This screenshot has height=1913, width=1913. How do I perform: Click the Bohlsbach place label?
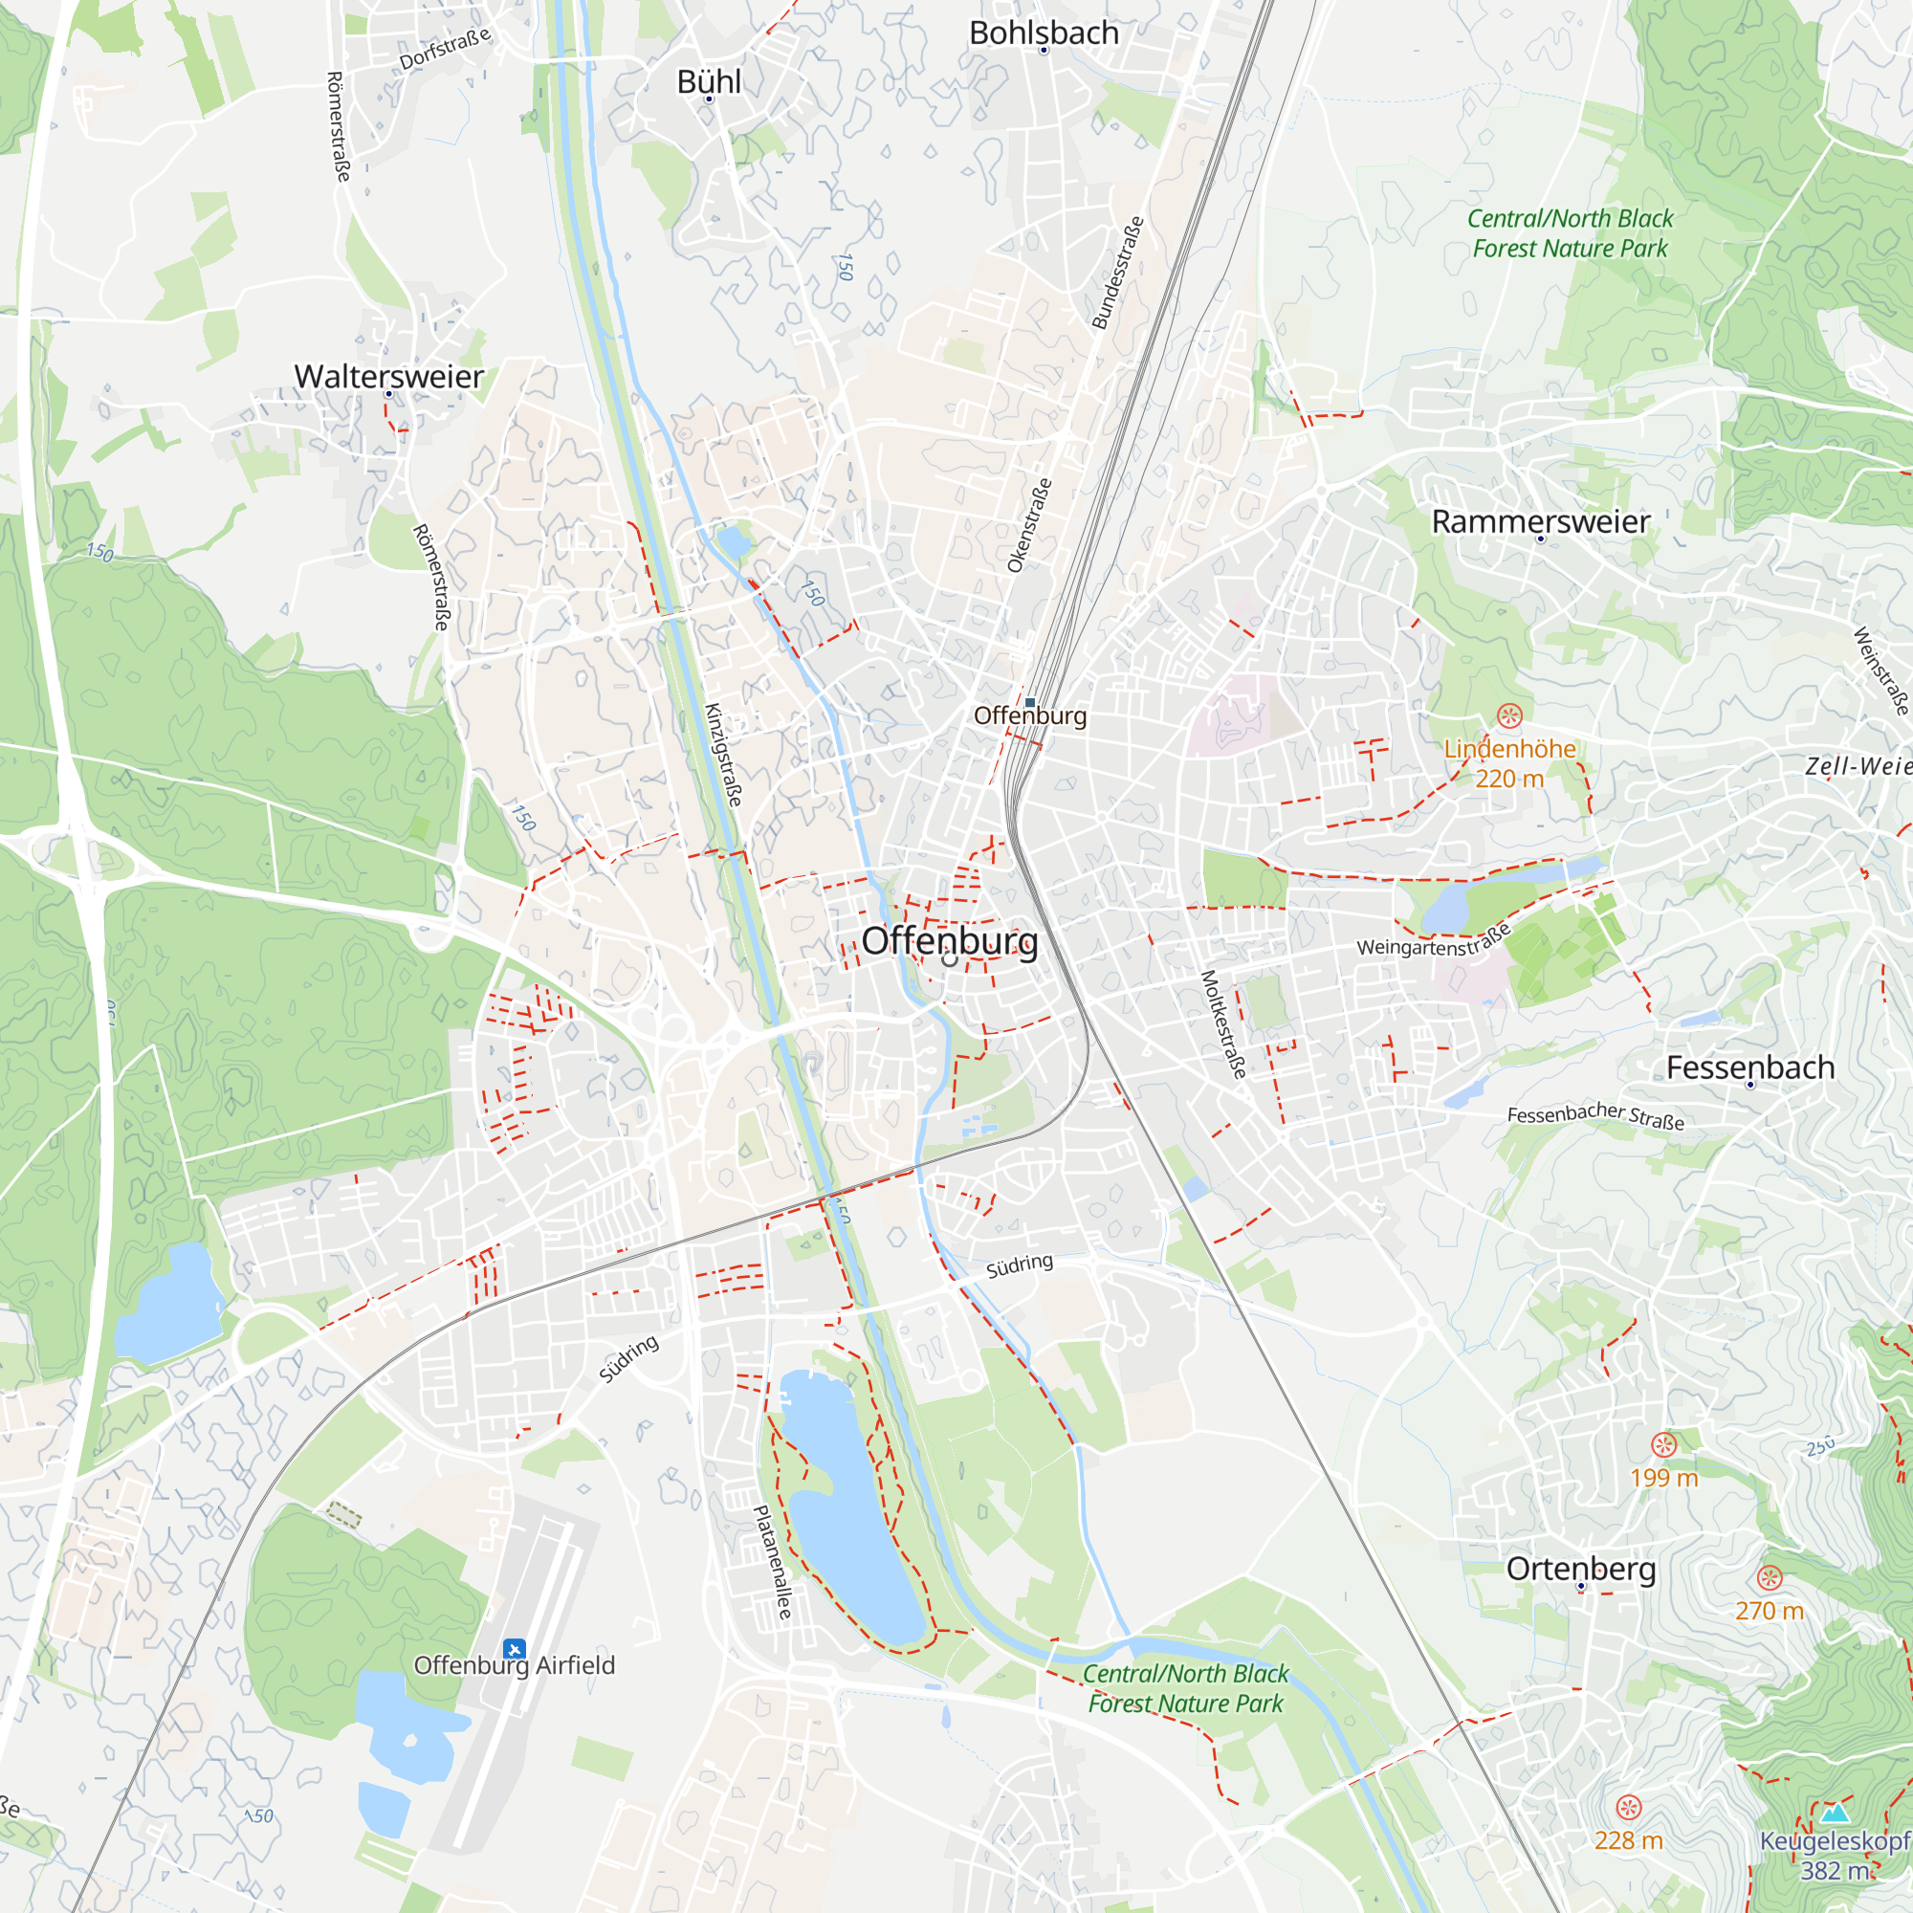[x=1044, y=33]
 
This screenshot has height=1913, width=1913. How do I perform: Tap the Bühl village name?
[x=708, y=81]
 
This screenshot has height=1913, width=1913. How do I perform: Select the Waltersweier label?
[x=388, y=376]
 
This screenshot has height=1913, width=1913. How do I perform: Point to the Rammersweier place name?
[x=1540, y=521]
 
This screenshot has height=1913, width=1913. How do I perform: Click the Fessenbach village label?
[x=1749, y=1067]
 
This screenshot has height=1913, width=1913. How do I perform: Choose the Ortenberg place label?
[x=1580, y=1569]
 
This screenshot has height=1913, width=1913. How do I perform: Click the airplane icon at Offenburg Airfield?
[x=513, y=1649]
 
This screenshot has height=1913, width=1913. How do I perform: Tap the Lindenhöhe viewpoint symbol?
[x=1509, y=715]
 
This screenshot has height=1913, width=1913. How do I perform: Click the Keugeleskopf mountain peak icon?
[x=1835, y=1813]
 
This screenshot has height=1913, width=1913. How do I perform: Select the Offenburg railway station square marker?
[x=1030, y=702]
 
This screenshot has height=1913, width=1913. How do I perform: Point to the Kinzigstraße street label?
[x=723, y=755]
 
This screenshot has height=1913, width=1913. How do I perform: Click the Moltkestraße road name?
[x=1224, y=1023]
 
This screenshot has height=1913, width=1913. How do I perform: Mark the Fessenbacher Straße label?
[x=1595, y=1116]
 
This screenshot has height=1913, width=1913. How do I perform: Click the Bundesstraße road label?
[x=1118, y=273]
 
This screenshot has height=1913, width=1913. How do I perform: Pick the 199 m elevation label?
[x=1663, y=1478]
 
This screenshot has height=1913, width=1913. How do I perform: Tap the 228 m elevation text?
[x=1628, y=1839]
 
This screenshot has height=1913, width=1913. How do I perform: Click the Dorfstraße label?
[x=445, y=50]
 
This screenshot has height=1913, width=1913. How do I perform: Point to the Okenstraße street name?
[x=1029, y=526]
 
